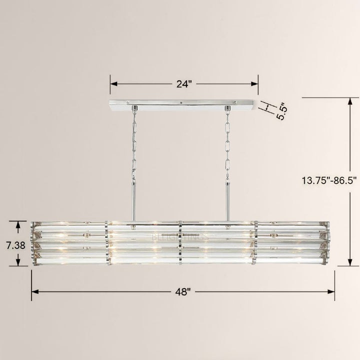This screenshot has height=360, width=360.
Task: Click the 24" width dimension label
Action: pos(183,84)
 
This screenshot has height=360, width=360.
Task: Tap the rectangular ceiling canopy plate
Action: pos(183,105)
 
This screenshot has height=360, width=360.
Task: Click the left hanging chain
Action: pos(133,144)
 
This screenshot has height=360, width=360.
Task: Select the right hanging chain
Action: pos(228,144)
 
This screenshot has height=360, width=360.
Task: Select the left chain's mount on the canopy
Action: pos(133,108)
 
